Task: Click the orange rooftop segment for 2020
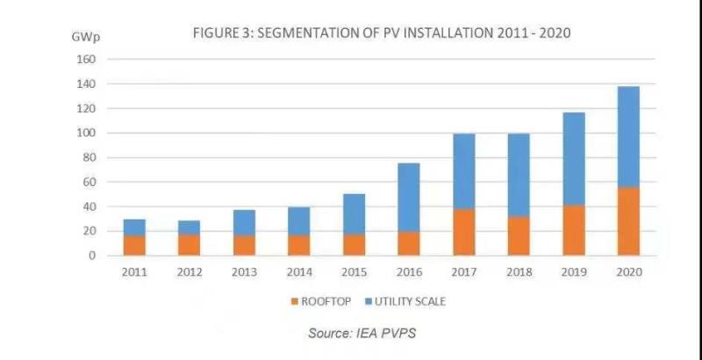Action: tap(628, 221)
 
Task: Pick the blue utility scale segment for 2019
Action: tap(574, 159)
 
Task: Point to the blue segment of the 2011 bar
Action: tap(133, 227)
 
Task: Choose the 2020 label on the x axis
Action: tap(629, 272)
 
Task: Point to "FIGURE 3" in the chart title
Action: tap(220, 33)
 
